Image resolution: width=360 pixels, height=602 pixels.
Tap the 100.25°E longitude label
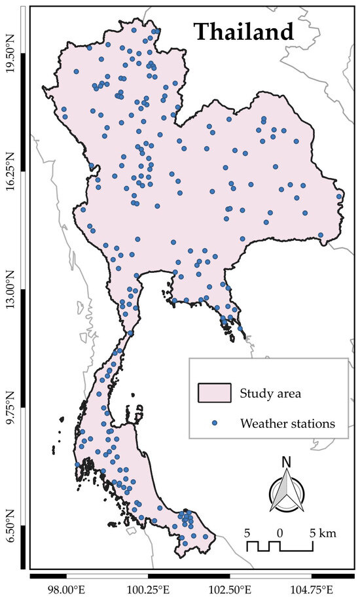point(149,590)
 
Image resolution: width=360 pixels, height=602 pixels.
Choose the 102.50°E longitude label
point(230,590)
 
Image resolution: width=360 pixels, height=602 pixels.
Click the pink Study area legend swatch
point(214,393)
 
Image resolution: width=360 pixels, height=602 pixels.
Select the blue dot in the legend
point(214,423)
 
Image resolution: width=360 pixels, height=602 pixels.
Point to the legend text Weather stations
point(287,423)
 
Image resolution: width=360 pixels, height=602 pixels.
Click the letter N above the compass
point(285,462)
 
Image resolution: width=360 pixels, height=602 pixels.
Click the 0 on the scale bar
point(279,533)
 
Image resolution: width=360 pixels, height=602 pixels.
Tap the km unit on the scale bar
point(328,533)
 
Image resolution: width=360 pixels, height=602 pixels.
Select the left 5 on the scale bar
point(247,533)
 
